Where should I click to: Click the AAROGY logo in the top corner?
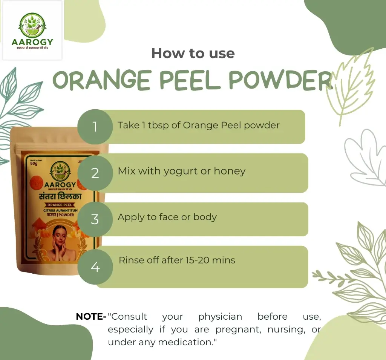[32, 31]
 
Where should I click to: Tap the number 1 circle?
[95, 127]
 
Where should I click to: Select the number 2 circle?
[95, 173]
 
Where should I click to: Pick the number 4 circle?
[95, 267]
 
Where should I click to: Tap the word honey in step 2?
[230, 171]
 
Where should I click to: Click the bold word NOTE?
[91, 317]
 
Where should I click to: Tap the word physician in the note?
[220, 317]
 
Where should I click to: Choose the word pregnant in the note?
[239, 330]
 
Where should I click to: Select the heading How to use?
[193, 53]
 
